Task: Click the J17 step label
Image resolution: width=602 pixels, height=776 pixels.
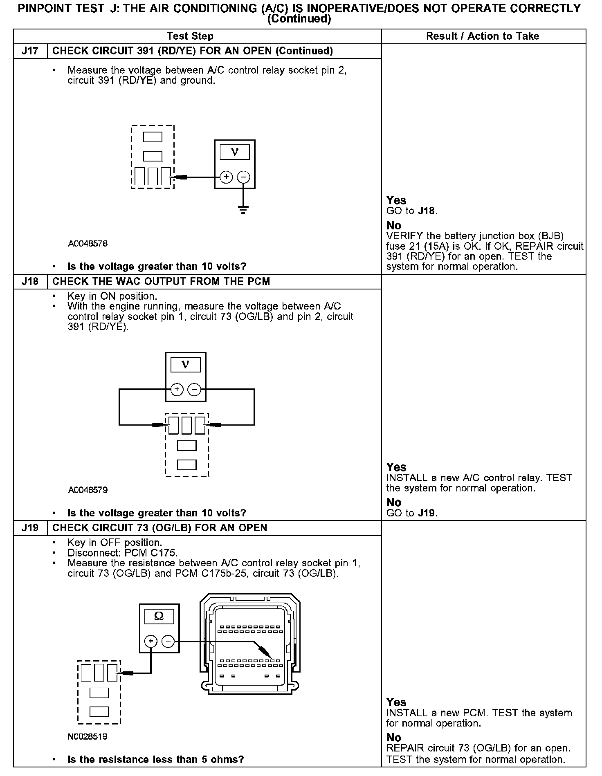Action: pos(30,51)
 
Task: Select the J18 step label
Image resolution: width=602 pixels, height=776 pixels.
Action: pos(30,282)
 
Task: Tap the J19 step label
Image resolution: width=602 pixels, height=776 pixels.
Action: pos(30,528)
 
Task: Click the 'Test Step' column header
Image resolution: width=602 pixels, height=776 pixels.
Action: pos(190,36)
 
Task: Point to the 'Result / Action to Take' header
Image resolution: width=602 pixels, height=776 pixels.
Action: pos(483,36)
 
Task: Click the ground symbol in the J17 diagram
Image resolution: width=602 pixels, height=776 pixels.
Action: pos(243,211)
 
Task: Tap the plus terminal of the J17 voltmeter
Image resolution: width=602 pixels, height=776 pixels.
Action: pos(226,177)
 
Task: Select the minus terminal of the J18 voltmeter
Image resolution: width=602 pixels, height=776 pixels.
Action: pos(194,390)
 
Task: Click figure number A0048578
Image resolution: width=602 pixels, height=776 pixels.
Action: pos(88,244)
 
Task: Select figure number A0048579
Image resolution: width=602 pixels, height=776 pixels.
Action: pos(88,490)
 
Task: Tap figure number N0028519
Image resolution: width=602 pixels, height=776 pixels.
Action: pos(88,736)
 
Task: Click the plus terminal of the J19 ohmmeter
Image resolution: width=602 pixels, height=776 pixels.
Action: pos(151,641)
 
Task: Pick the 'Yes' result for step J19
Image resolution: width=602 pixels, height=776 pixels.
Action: pos(396,702)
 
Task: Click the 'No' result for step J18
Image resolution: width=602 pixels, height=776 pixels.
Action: pos(394,502)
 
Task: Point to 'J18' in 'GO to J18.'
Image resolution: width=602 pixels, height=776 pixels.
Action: pos(427,211)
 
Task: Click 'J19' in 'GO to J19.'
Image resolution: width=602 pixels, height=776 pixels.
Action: pos(427,513)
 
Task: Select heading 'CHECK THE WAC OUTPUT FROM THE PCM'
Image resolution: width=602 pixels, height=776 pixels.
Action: pos(161,282)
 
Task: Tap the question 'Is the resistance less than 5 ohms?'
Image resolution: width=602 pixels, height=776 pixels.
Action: pos(155,760)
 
